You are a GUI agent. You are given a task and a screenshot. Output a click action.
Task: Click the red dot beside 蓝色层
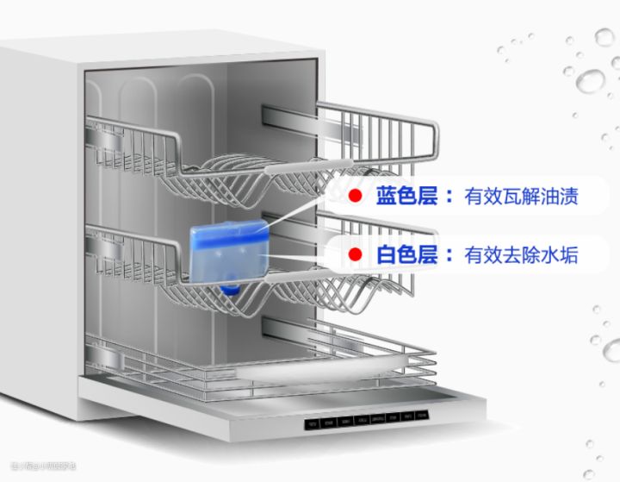pyautogui.click(x=353, y=196)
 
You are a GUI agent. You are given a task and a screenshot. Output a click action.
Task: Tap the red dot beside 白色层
pyautogui.click(x=353, y=255)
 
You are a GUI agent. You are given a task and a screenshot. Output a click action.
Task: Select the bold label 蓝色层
pyautogui.click(x=405, y=196)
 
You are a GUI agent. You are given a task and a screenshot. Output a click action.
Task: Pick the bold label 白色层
pyautogui.click(x=405, y=255)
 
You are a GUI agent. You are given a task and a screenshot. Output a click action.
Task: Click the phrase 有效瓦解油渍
pyautogui.click(x=520, y=197)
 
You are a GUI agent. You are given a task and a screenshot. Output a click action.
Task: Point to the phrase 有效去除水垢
pyautogui.click(x=520, y=255)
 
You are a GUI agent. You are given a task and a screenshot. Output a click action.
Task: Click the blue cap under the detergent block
pyautogui.click(x=230, y=287)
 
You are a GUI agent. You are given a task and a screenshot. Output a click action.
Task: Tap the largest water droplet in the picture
pyautogui.click(x=590, y=81)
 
